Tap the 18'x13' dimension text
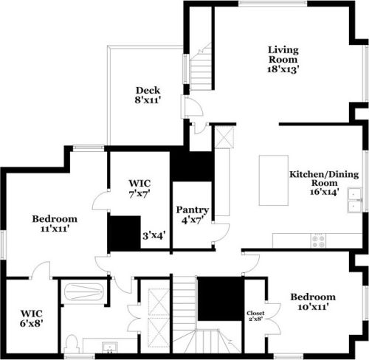click(283, 69)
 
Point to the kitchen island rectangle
click(271, 181)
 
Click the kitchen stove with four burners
click(319, 239)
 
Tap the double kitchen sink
click(355, 201)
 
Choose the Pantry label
click(192, 210)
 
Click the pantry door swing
click(218, 234)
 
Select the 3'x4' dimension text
click(154, 236)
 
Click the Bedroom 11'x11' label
click(55, 224)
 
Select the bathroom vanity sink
click(111, 346)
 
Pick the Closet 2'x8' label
click(255, 316)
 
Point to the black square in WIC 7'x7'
click(124, 233)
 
